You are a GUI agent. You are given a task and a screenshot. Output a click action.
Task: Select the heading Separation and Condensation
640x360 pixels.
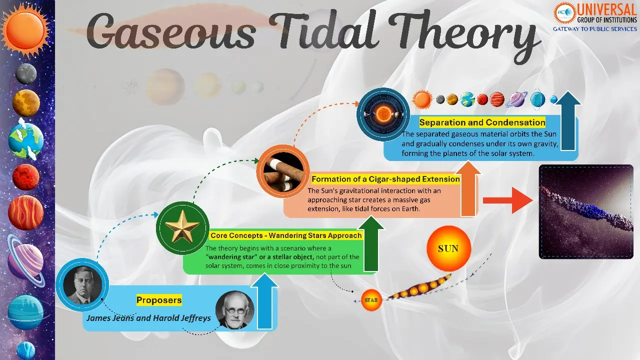482,122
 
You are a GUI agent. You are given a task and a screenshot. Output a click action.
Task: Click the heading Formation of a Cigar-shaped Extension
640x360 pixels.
385,179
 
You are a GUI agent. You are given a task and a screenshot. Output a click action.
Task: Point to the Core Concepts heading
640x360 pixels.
286,235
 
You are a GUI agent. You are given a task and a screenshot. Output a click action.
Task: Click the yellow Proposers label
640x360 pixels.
159,300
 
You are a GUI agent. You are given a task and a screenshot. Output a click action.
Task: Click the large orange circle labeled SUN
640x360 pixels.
449,249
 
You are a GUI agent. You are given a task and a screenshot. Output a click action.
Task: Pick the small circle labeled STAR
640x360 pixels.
371,300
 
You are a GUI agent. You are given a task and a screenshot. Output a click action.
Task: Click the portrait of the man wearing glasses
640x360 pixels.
234,310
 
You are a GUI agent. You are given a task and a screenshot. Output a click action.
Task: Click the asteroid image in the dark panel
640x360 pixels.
586,211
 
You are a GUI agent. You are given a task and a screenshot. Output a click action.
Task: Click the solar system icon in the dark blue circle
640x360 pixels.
383,113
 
